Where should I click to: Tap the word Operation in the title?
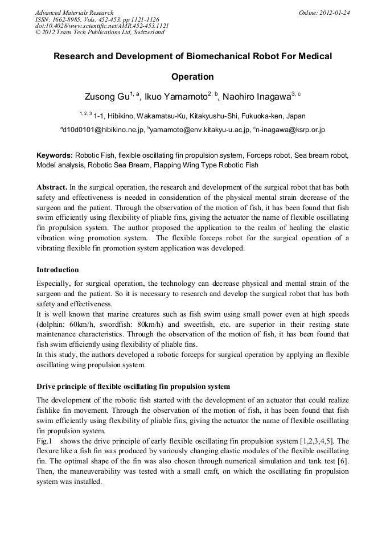coord(192,76)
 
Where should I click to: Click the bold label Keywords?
coord(55,155)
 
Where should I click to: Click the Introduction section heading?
coord(58,269)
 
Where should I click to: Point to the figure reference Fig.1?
coord(44,441)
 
